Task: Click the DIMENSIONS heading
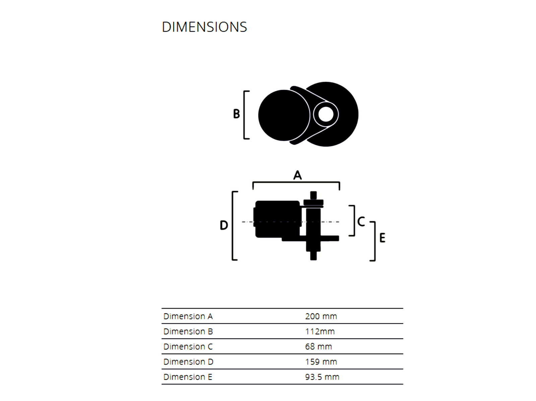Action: coord(204,27)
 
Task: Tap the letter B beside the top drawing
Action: coord(237,114)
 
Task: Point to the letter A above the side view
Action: coord(297,175)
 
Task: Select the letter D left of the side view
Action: coord(224,225)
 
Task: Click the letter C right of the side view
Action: coord(361,222)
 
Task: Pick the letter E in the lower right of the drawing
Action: coord(382,238)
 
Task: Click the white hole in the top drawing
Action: coord(326,114)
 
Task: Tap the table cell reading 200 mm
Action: coord(321,316)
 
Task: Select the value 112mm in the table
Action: coord(320,331)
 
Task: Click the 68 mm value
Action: coord(319,346)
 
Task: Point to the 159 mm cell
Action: coord(321,362)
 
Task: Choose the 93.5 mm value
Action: coord(322,377)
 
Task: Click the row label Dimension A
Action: coord(188,316)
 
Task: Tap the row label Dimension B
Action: coord(188,331)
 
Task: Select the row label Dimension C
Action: coord(188,346)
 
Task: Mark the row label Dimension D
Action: coord(188,362)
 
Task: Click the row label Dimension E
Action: coord(188,377)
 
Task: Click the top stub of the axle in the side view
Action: coord(313,195)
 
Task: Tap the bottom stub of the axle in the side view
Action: coord(313,256)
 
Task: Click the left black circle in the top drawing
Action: coord(284,115)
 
